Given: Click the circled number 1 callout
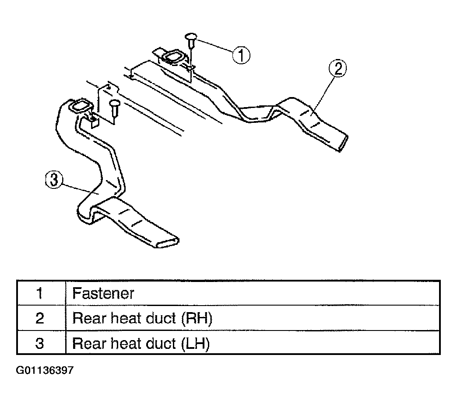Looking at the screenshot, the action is pyautogui.click(x=241, y=55).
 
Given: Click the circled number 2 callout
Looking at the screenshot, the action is pyautogui.click(x=338, y=69).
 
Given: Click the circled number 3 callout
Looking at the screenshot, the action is pyautogui.click(x=54, y=180).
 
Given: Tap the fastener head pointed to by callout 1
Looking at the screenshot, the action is pyautogui.click(x=191, y=37).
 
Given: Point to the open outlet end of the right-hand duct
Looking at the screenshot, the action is pyautogui.click(x=343, y=143).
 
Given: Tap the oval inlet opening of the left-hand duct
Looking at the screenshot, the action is pyautogui.click(x=80, y=107).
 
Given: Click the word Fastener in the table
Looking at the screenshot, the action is pyautogui.click(x=103, y=293).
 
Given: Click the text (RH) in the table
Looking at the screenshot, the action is pyautogui.click(x=197, y=318).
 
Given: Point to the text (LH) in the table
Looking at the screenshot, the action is pyautogui.click(x=195, y=344).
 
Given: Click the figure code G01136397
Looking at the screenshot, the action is pyautogui.click(x=45, y=370).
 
